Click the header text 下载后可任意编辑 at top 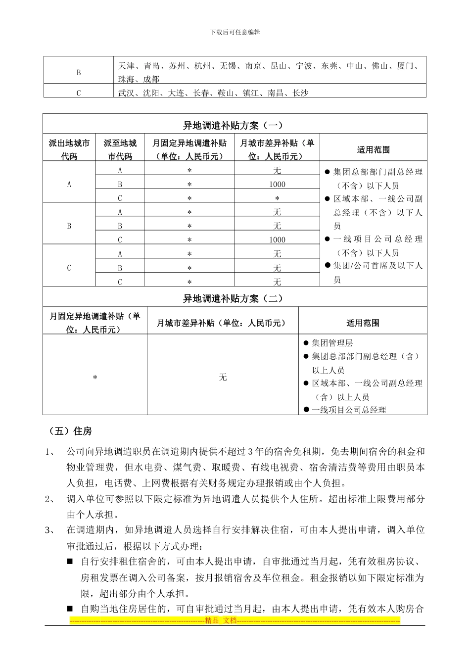point(235,32)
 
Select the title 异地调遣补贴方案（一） point(235,125)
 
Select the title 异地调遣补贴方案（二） point(235,298)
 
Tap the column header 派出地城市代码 point(69,149)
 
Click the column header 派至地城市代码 point(120,149)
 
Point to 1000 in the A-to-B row point(277,184)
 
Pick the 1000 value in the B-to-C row point(277,239)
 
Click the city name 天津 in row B point(127,66)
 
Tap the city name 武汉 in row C point(127,93)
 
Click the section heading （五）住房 point(69,431)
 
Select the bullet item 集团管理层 point(332,343)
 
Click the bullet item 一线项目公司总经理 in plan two point(349,410)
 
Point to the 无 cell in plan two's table point(223,377)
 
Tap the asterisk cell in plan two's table point(95,378)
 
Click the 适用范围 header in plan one point(374,149)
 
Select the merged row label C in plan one point(69,268)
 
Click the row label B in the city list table point(79,73)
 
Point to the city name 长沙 point(300,93)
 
